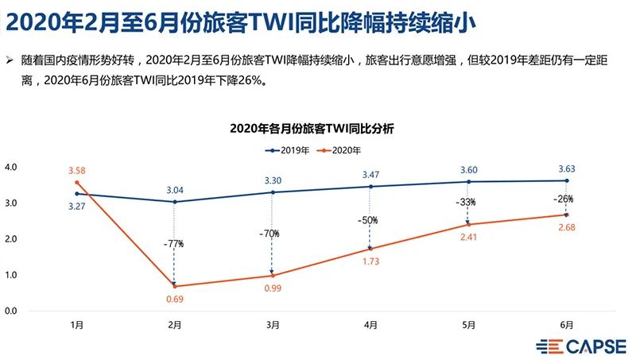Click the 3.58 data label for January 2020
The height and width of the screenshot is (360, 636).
pyautogui.click(x=76, y=170)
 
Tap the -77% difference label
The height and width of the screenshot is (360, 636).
pyautogui.click(x=174, y=243)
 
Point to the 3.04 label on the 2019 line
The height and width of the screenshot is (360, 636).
pyautogui.click(x=174, y=190)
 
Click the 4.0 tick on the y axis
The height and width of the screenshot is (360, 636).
pyautogui.click(x=11, y=168)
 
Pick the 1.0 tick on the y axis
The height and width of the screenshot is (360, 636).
pyautogui.click(x=11, y=275)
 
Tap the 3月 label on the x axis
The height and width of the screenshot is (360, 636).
pyautogui.click(x=273, y=324)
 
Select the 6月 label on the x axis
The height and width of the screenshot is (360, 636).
pyautogui.click(x=565, y=324)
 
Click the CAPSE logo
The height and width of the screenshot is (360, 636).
pyautogui.click(x=582, y=346)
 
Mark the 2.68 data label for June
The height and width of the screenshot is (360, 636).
pyautogui.click(x=565, y=228)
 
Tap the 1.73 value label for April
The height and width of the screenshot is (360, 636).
pyautogui.click(x=370, y=261)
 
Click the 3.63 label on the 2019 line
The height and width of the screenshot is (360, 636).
pyautogui.click(x=565, y=168)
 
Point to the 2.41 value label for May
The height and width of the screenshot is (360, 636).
pyautogui.click(x=468, y=237)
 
